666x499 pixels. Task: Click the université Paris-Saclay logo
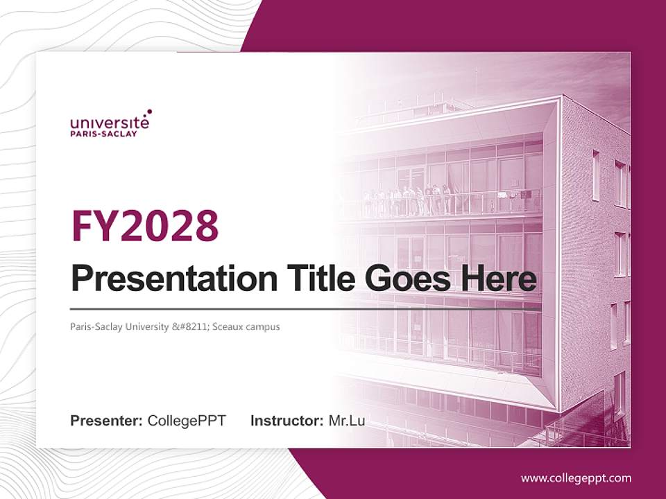pos(110,123)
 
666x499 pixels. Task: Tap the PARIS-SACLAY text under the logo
pos(103,134)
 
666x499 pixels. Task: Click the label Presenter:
pos(106,421)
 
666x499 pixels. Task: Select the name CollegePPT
pos(187,421)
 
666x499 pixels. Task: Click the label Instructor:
pos(287,421)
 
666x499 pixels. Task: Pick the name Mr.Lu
pos(347,421)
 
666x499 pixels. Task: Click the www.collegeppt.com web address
pos(576,478)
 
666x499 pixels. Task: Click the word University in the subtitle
pos(146,326)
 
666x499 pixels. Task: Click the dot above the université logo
pos(148,111)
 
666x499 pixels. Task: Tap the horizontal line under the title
pos(305,308)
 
